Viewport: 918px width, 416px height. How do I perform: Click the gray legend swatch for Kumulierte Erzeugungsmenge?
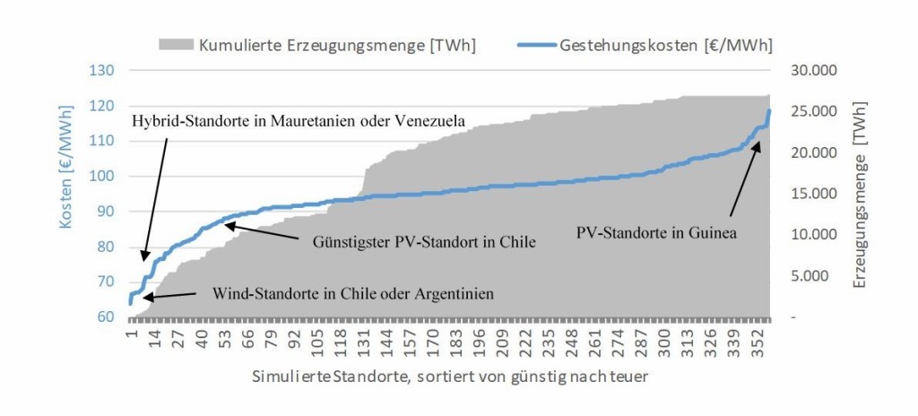coord(176,43)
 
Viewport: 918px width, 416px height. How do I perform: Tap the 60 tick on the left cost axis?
coord(106,317)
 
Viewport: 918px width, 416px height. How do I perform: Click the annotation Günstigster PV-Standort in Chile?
coord(424,242)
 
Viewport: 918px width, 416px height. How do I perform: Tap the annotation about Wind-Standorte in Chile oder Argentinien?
coord(353,293)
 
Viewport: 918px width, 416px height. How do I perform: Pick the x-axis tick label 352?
coord(762,340)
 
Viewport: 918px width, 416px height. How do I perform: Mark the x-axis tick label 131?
coord(363,340)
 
